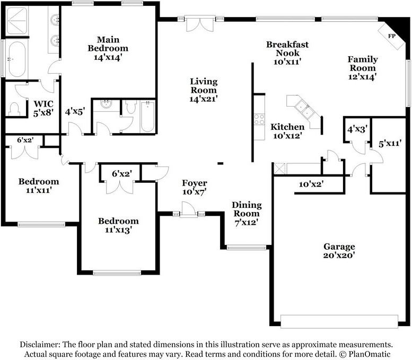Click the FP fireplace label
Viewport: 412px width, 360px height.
tap(392, 36)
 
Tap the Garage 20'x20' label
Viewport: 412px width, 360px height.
tap(339, 251)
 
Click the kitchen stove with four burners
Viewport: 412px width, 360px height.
tap(259, 119)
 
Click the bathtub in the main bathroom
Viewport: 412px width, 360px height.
tap(16, 59)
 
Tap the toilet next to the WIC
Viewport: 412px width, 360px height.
tap(14, 109)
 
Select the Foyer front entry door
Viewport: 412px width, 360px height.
tap(188, 214)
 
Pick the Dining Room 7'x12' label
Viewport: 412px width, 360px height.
tap(247, 214)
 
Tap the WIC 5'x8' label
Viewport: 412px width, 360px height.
tap(43, 108)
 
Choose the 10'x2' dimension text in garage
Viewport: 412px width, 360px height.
tap(311, 184)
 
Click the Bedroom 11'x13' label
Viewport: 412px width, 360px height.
tap(119, 225)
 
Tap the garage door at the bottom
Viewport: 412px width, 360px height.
tap(339, 321)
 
